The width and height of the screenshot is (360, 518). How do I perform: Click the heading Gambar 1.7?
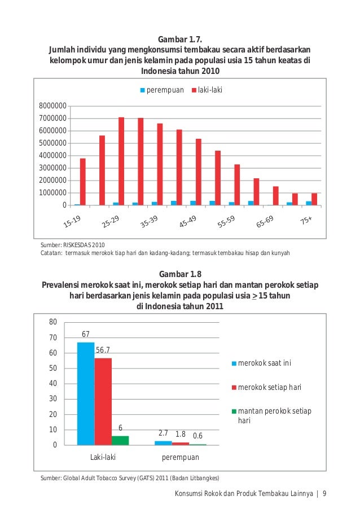(179, 39)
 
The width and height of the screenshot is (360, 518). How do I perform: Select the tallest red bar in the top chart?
(121, 161)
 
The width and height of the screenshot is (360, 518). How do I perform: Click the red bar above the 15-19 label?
(83, 181)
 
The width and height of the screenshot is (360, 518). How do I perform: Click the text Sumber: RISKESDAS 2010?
(73, 245)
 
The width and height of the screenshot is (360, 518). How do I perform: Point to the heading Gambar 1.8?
(179, 275)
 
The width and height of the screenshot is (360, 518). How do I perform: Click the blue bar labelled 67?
(86, 393)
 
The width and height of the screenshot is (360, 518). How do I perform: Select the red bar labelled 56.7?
(103, 401)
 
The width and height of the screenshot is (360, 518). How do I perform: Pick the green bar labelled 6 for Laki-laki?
(120, 440)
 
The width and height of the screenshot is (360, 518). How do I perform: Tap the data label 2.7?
(163, 433)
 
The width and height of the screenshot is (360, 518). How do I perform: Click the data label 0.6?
(198, 436)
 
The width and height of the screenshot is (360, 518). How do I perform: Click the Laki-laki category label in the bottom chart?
(103, 458)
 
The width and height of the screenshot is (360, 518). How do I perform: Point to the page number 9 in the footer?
(325, 495)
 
